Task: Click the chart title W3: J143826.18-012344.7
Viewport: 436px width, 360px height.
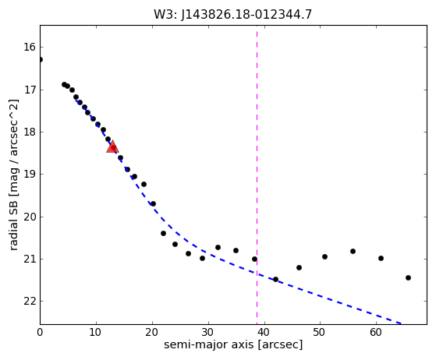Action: [x=232, y=15]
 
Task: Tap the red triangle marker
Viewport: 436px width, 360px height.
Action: [x=112, y=147]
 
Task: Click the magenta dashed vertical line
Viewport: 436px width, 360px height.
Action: [x=257, y=175]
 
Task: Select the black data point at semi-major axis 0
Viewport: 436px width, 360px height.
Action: [x=40, y=60]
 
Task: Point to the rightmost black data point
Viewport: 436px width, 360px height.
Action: [x=408, y=277]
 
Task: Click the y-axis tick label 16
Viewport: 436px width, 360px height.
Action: [x=30, y=48]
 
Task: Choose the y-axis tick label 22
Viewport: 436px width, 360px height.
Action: [x=30, y=301]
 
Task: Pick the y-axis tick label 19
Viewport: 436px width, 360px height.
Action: [x=30, y=175]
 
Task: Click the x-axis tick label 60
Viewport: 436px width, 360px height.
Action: [x=376, y=332]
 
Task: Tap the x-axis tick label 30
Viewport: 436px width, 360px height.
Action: [x=208, y=332]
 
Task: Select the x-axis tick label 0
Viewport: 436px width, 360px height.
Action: [x=40, y=332]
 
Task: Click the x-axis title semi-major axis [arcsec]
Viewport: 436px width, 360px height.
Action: [x=233, y=344]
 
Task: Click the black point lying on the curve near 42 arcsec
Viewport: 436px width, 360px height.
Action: [x=275, y=279]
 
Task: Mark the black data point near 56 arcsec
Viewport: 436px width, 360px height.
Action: [x=353, y=252]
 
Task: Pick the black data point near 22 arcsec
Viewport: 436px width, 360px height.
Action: [x=163, y=233]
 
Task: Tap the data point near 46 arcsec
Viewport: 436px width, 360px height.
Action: [x=299, y=268]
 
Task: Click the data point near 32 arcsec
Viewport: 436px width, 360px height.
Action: [x=218, y=247]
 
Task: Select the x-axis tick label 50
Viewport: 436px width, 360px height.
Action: [x=320, y=332]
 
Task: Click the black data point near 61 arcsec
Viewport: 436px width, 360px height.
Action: [x=381, y=259]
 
